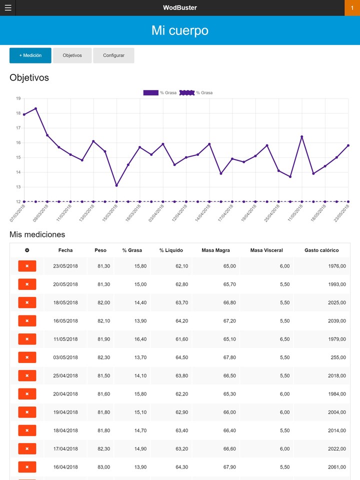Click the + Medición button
pyautogui.click(x=30, y=55)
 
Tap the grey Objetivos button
pyautogui.click(x=72, y=55)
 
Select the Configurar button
pyautogui.click(x=113, y=55)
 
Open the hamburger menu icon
pyautogui.click(x=8, y=8)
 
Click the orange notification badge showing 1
pyautogui.click(x=352, y=8)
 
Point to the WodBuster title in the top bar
pyautogui.click(x=180, y=8)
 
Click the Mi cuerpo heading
pyautogui.click(x=180, y=30)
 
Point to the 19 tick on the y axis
pyautogui.click(x=18, y=99)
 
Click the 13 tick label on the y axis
pyautogui.click(x=18, y=187)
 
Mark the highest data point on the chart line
pyautogui.click(x=35, y=108)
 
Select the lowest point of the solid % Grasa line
pyautogui.click(x=116, y=185)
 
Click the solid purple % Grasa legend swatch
pyautogui.click(x=150, y=93)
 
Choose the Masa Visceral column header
pyautogui.click(x=266, y=250)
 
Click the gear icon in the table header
pyautogui.click(x=27, y=250)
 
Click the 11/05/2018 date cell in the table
pyautogui.click(x=65, y=339)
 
